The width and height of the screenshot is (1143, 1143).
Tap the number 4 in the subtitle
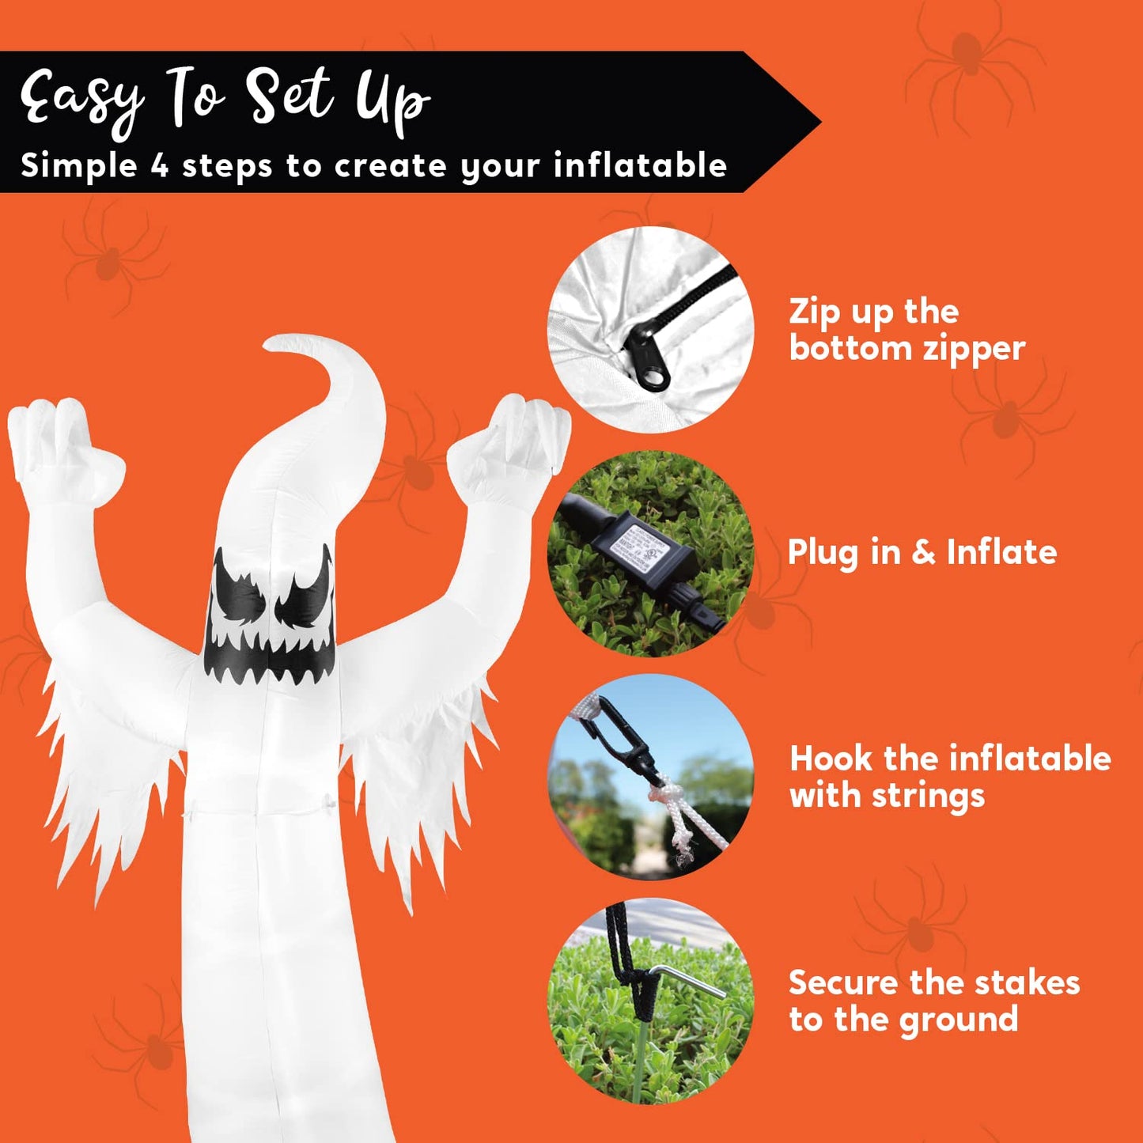tap(160, 166)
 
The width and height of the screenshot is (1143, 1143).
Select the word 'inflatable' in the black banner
tap(640, 166)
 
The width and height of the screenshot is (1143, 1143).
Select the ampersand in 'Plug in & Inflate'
tap(922, 552)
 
